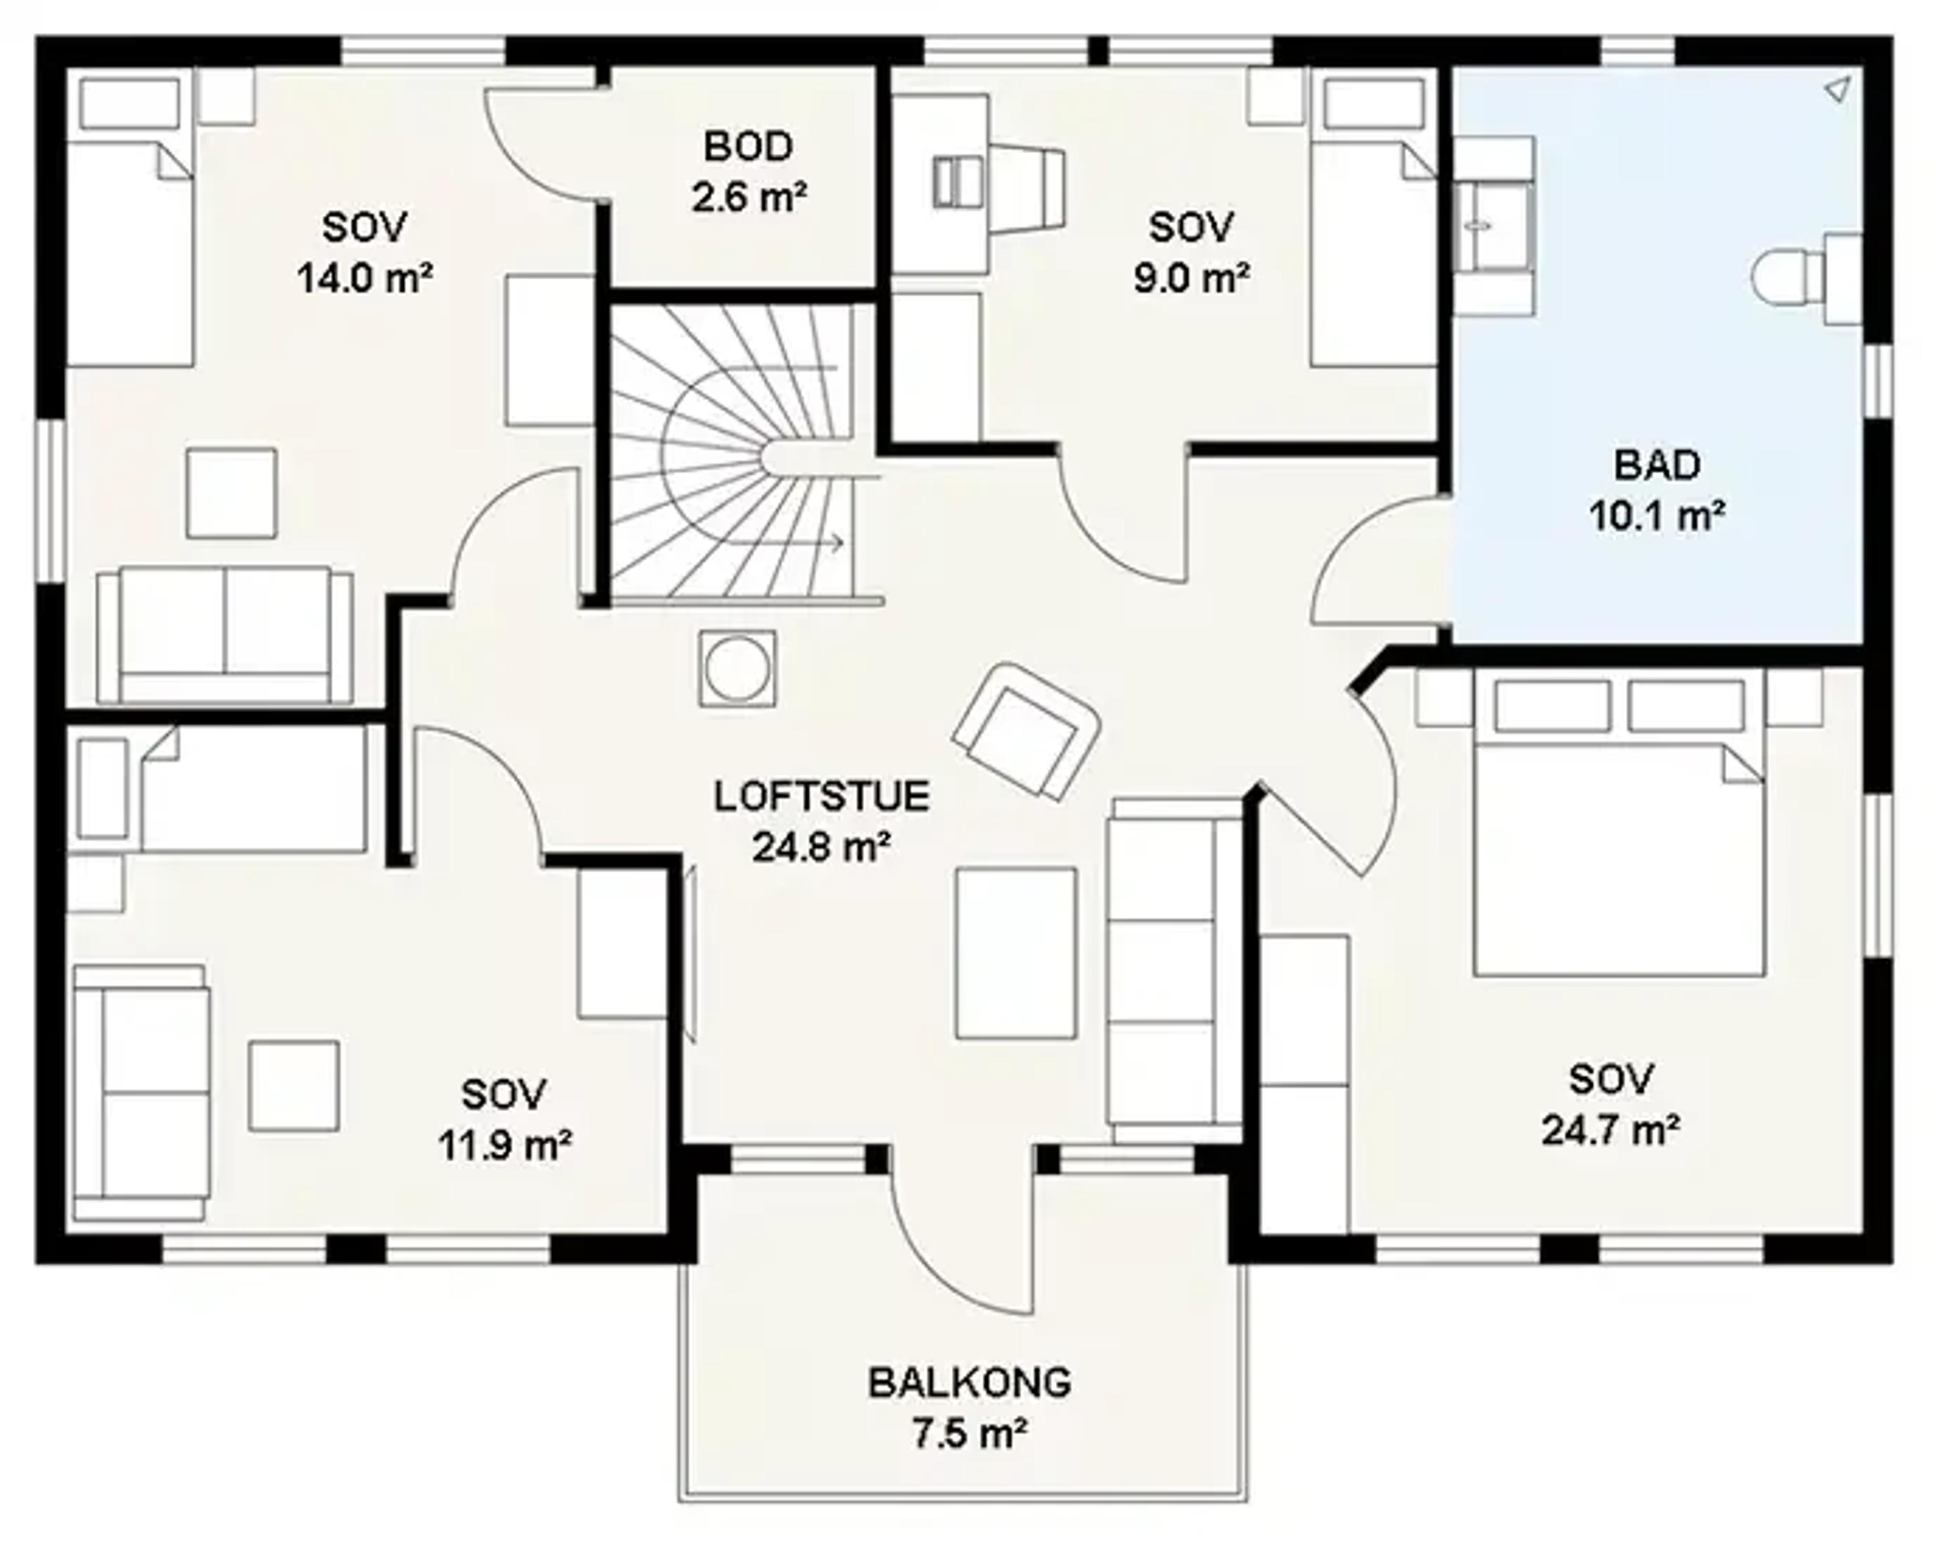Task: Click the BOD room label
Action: click(x=748, y=146)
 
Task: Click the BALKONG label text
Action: click(x=970, y=1383)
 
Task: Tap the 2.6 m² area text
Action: click(x=748, y=197)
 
